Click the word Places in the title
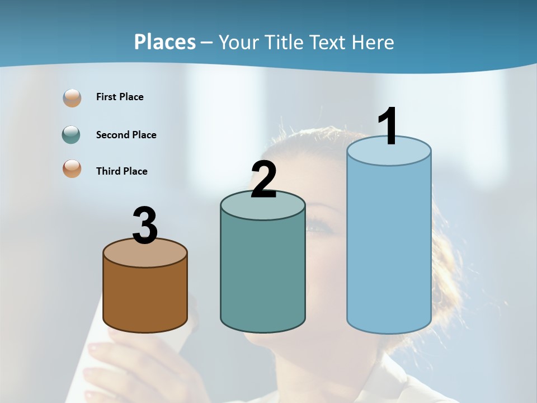165,42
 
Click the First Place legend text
120,97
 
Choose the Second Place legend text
126,135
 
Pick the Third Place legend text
121,171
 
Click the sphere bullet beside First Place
72,98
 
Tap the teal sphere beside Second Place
72,134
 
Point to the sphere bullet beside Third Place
72,168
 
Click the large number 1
388,126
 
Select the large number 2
263,180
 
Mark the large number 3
145,226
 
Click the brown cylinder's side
145,297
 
